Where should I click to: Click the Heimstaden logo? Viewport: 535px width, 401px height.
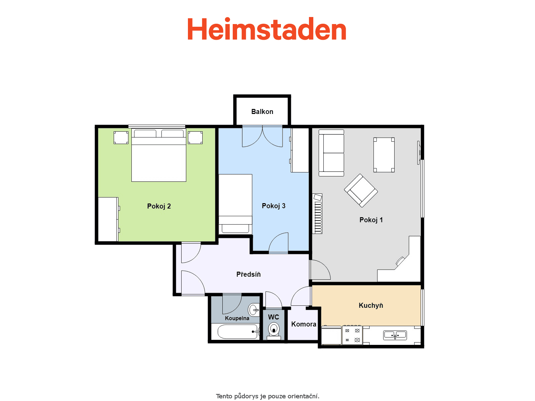pyautogui.click(x=266, y=29)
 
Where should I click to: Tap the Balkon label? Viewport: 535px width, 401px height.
pyautogui.click(x=262, y=112)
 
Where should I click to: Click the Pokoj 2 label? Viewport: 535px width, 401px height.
pyautogui.click(x=159, y=206)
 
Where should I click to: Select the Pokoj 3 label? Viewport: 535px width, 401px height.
pyautogui.click(x=273, y=206)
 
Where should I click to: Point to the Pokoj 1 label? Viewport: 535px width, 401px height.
pyautogui.click(x=371, y=220)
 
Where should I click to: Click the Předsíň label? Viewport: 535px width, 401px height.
pyautogui.click(x=248, y=274)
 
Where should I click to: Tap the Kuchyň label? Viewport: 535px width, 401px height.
pyautogui.click(x=371, y=305)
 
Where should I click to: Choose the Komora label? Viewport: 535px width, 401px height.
pyautogui.click(x=304, y=324)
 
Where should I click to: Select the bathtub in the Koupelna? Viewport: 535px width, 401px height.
pyautogui.click(x=238, y=331)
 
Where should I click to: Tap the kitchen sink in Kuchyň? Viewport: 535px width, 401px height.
pyautogui.click(x=395, y=335)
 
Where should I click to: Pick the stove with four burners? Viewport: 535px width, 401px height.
pyautogui.click(x=352, y=335)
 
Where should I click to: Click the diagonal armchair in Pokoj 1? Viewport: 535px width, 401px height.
pyautogui.click(x=361, y=190)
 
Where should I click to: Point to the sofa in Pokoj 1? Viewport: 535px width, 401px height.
pyautogui.click(x=331, y=153)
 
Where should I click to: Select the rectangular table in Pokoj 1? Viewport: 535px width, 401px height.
pyautogui.click(x=384, y=155)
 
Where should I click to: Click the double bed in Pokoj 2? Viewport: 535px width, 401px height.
pyautogui.click(x=159, y=155)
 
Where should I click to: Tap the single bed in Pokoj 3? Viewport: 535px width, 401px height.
pyautogui.click(x=235, y=204)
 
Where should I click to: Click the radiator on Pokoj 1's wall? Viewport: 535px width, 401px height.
pyautogui.click(x=317, y=214)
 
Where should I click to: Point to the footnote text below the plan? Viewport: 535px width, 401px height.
pyautogui.click(x=267, y=396)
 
